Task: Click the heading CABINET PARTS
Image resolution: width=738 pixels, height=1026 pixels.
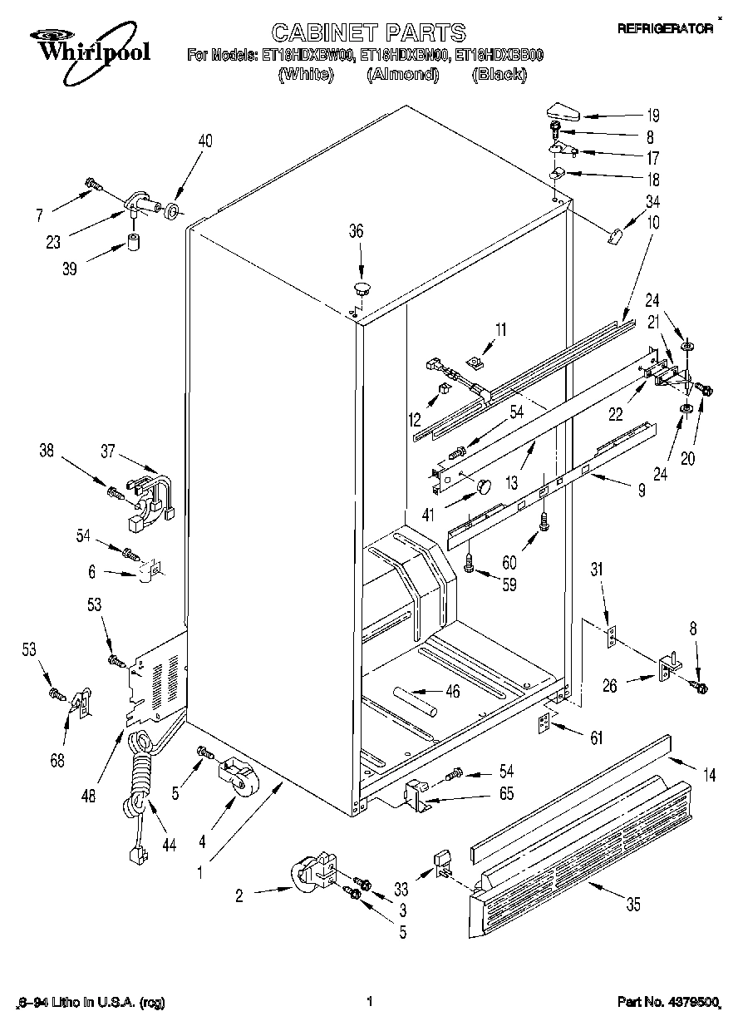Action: click(369, 32)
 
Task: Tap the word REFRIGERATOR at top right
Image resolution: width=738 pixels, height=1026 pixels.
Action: click(665, 28)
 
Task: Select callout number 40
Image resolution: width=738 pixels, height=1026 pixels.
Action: click(204, 141)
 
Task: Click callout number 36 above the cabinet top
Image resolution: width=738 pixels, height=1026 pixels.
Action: click(356, 232)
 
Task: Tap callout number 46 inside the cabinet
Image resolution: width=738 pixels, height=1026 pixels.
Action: click(452, 691)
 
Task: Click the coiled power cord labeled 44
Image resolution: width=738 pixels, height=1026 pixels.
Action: click(141, 773)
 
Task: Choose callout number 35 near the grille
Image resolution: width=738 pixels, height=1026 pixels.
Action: click(633, 906)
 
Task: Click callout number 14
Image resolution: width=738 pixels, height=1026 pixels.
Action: click(709, 776)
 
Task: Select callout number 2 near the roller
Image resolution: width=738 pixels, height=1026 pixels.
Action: click(239, 895)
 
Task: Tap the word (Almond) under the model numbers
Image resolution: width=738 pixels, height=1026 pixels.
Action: click(402, 74)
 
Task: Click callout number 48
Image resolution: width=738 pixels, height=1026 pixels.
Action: click(89, 795)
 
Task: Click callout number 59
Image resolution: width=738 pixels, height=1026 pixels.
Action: click(509, 585)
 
